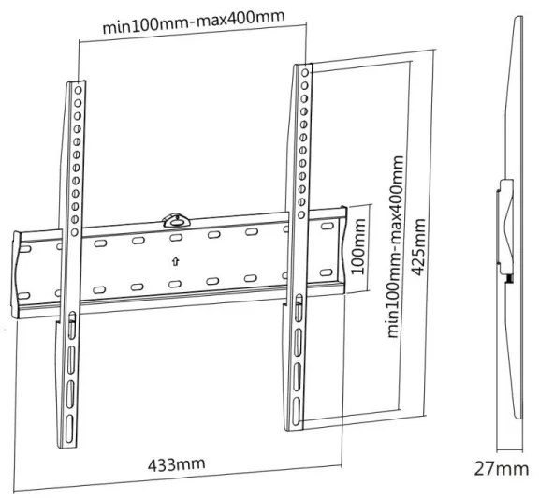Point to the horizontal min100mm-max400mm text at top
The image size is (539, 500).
click(x=194, y=21)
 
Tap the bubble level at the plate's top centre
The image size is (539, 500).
click(x=175, y=220)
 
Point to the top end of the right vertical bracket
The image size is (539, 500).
click(x=305, y=68)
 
